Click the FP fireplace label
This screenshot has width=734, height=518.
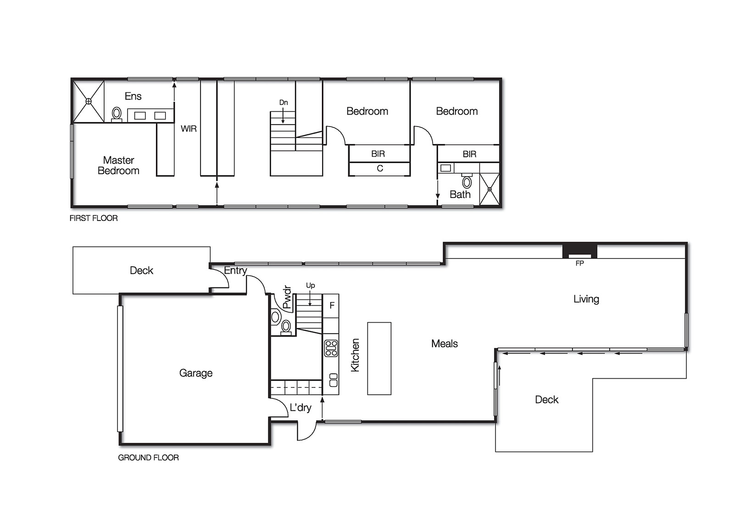pos(579,264)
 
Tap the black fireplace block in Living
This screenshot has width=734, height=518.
pos(580,251)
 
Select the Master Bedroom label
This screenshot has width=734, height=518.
pos(118,165)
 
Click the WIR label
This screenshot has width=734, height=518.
pos(189,129)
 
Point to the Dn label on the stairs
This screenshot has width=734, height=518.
pos(284,103)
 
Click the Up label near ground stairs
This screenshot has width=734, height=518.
pos(311,286)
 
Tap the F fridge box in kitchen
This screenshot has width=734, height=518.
pos(332,306)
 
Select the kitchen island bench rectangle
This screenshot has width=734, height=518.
pos(379,358)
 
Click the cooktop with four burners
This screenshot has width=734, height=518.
pos(331,348)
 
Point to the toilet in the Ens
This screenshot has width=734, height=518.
pos(117,113)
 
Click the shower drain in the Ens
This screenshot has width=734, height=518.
pos(89,101)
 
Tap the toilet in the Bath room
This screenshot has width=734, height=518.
pos(467,182)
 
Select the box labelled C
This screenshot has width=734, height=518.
pos(379,169)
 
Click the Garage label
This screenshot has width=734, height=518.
pos(196,373)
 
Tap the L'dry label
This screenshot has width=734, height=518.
pos(300,408)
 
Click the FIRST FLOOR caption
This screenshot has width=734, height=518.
pos(94,218)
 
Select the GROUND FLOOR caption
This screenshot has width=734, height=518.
pos(148,457)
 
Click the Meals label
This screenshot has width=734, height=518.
pos(444,344)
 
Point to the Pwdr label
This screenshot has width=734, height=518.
pos(287,297)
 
